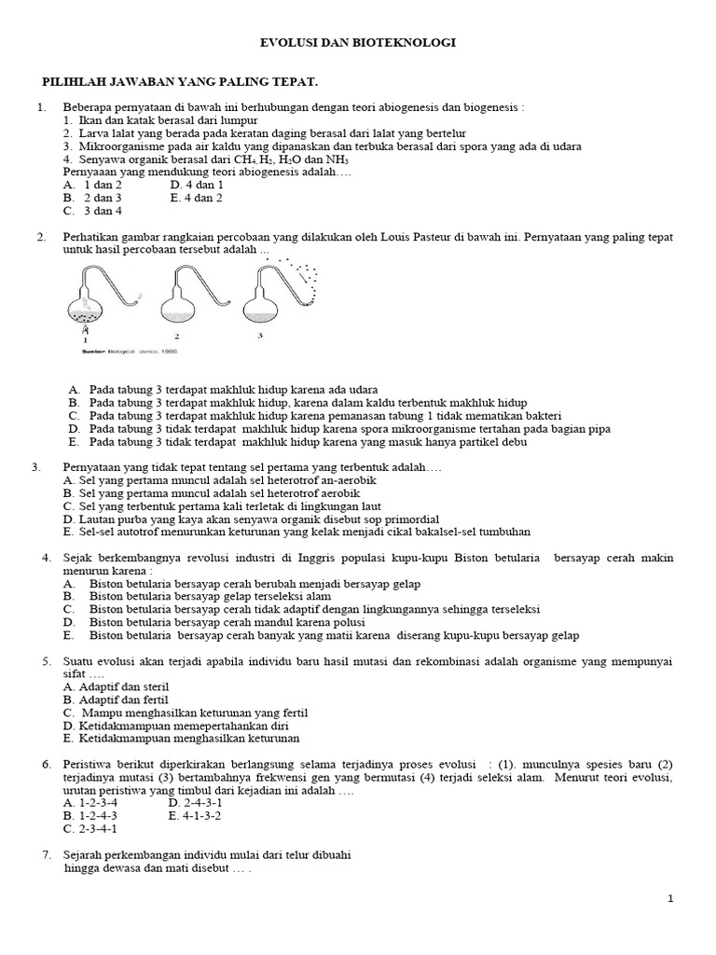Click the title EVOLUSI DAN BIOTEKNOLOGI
(357, 43)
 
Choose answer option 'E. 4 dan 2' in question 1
(196, 198)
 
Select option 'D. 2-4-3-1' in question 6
(196, 802)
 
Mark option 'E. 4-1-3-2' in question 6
(196, 815)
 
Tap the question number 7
(47, 854)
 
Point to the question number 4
(47, 558)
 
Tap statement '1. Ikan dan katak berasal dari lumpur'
(159, 120)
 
